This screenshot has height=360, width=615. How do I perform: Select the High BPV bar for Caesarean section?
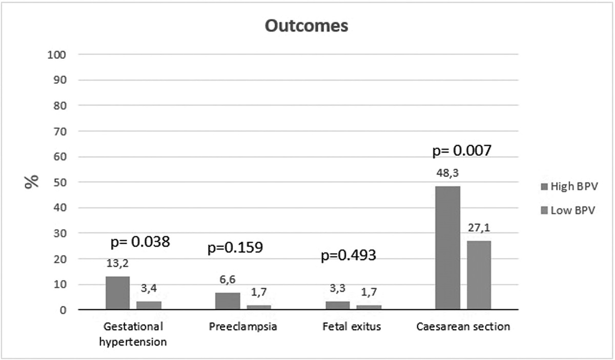(447, 248)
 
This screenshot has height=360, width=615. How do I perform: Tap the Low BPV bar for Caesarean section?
(479, 275)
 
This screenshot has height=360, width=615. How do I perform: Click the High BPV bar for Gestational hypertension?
(117, 293)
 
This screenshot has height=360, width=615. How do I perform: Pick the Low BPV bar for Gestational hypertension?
(149, 305)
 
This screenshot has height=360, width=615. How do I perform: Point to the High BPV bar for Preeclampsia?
(228, 301)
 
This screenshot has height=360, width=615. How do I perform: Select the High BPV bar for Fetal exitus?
(337, 305)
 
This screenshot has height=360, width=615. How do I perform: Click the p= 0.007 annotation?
(462, 151)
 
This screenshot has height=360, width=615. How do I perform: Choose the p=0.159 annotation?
(235, 248)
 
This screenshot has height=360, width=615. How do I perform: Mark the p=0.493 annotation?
(348, 255)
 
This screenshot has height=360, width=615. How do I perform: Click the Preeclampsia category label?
(243, 327)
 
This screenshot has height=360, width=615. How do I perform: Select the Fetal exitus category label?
(352, 327)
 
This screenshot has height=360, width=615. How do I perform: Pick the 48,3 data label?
(447, 175)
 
